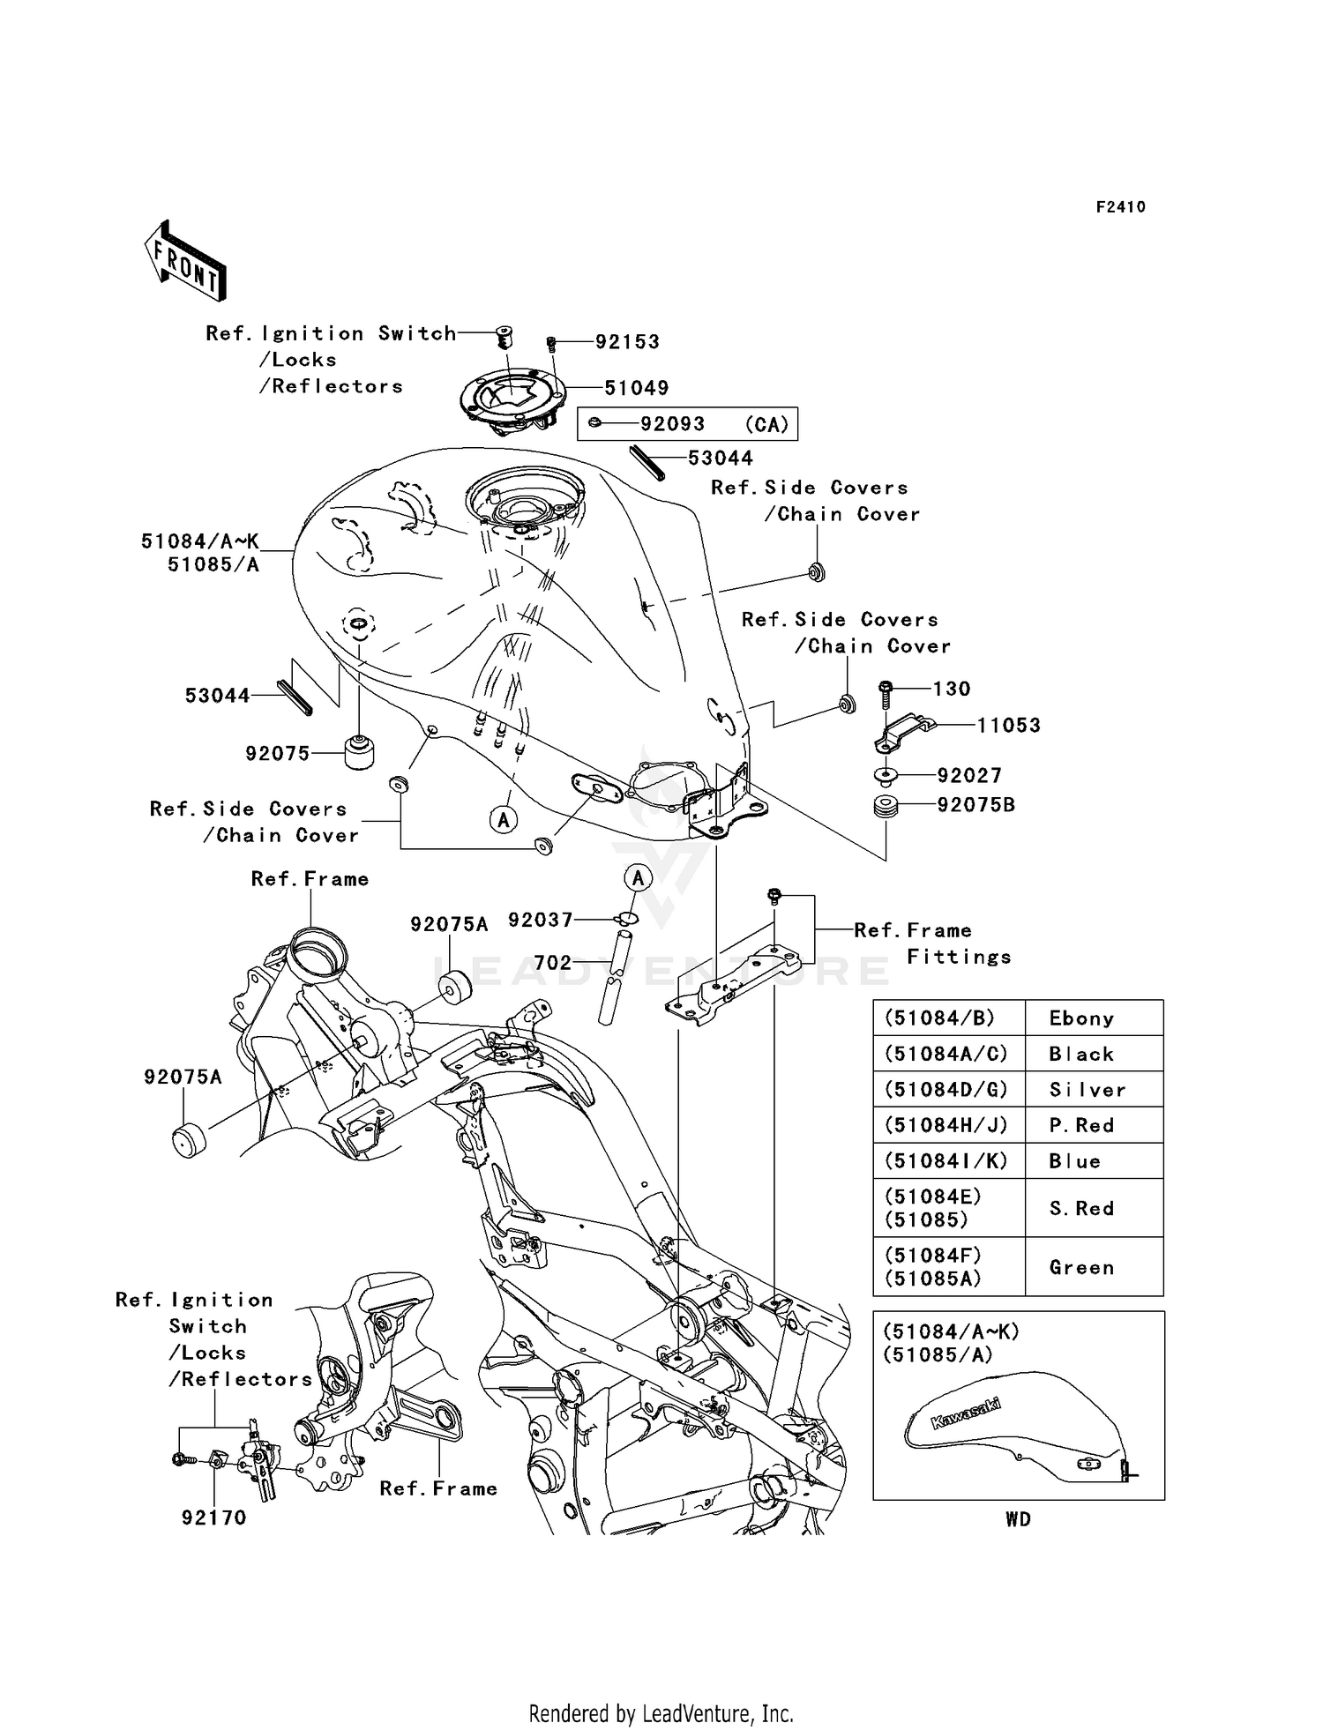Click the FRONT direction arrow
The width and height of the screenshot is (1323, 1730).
point(186,261)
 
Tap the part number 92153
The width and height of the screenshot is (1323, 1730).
point(627,341)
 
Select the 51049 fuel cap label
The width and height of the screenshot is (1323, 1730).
point(637,388)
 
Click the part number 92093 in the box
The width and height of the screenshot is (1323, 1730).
point(672,424)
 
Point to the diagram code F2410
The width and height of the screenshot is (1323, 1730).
point(1120,207)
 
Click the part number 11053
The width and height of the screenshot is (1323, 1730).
point(1009,726)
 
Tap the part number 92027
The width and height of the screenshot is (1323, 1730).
point(969,776)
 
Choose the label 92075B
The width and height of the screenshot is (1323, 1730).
point(975,805)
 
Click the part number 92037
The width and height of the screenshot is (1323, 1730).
point(541,921)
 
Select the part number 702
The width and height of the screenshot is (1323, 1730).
point(553,963)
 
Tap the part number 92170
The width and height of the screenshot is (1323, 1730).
point(213,1517)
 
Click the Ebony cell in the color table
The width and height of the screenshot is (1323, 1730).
point(1081,1018)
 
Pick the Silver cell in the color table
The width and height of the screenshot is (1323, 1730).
point(1087,1090)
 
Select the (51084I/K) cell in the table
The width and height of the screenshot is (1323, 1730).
point(946,1161)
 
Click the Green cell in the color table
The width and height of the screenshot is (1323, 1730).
point(1081,1267)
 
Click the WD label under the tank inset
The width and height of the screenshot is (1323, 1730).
point(1018,1519)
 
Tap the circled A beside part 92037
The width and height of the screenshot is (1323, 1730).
point(638,877)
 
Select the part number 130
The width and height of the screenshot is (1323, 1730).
point(951,689)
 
